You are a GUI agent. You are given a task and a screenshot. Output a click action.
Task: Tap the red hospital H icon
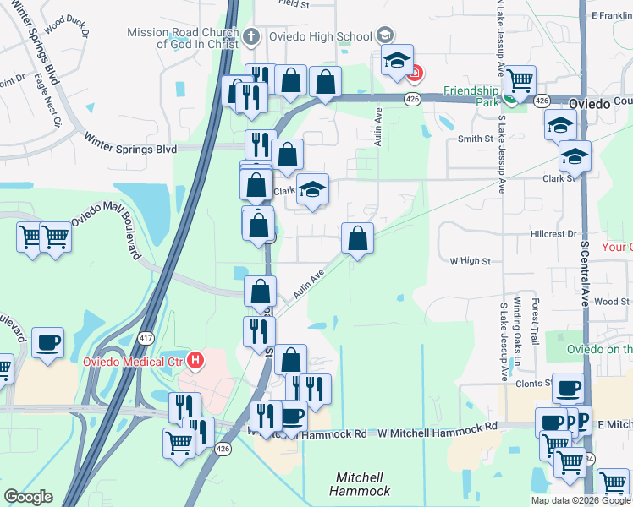click(x=196, y=363)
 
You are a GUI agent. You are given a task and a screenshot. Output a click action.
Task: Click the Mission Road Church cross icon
click(x=252, y=36)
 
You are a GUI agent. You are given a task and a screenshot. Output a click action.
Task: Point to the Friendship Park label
click(x=473, y=91)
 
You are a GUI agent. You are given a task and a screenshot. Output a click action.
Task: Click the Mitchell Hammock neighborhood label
click(x=364, y=484)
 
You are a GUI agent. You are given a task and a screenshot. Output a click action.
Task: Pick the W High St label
click(x=470, y=262)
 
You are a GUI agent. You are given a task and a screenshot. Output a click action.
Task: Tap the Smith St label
click(x=475, y=139)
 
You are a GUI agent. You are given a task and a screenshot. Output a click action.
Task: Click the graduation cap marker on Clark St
click(x=311, y=190)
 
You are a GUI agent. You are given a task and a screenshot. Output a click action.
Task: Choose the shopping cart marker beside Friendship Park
click(x=520, y=82)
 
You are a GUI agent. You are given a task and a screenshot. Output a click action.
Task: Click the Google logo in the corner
click(x=28, y=498)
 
